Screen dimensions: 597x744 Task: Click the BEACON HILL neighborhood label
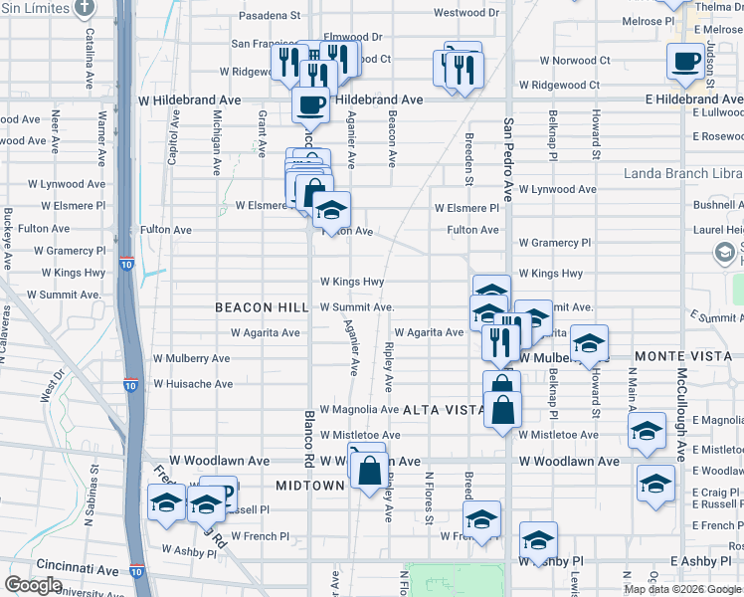pyautogui.click(x=255, y=308)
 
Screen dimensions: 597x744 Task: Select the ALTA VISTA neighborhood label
pyautogui.click(x=443, y=410)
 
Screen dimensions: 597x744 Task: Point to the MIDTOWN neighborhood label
pyautogui.click(x=308, y=484)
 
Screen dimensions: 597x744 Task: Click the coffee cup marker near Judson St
pyautogui.click(x=685, y=62)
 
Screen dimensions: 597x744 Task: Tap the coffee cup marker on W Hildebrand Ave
pyautogui.click(x=310, y=103)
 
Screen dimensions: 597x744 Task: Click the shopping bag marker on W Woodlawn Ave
pyautogui.click(x=369, y=471)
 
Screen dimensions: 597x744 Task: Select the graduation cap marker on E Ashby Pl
pyautogui.click(x=538, y=540)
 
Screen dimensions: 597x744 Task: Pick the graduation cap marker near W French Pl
pyautogui.click(x=481, y=519)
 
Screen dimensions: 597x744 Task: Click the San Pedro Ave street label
pyautogui.click(x=508, y=159)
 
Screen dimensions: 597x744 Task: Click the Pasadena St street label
pyautogui.click(x=269, y=16)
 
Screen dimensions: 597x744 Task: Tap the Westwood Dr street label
pyautogui.click(x=466, y=13)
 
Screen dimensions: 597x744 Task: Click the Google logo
pyautogui.click(x=34, y=585)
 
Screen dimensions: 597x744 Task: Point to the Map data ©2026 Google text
pyautogui.click(x=680, y=589)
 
